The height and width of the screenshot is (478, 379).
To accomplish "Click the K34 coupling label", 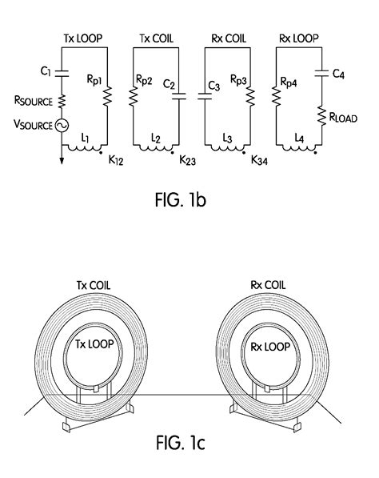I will tap(259, 160).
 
